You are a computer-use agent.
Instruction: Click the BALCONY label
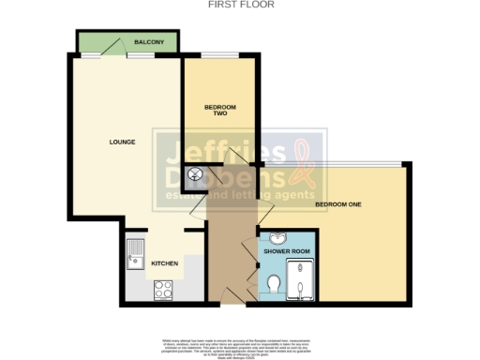pyautogui.click(x=149, y=43)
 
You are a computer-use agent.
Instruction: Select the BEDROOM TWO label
pyautogui.click(x=217, y=110)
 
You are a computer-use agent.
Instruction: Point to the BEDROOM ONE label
pyautogui.click(x=337, y=203)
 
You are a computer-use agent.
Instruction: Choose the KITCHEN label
pyautogui.click(x=165, y=263)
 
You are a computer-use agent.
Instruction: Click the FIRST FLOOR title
pyautogui.click(x=240, y=5)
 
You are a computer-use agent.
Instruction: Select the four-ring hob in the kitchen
pyautogui.click(x=164, y=289)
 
